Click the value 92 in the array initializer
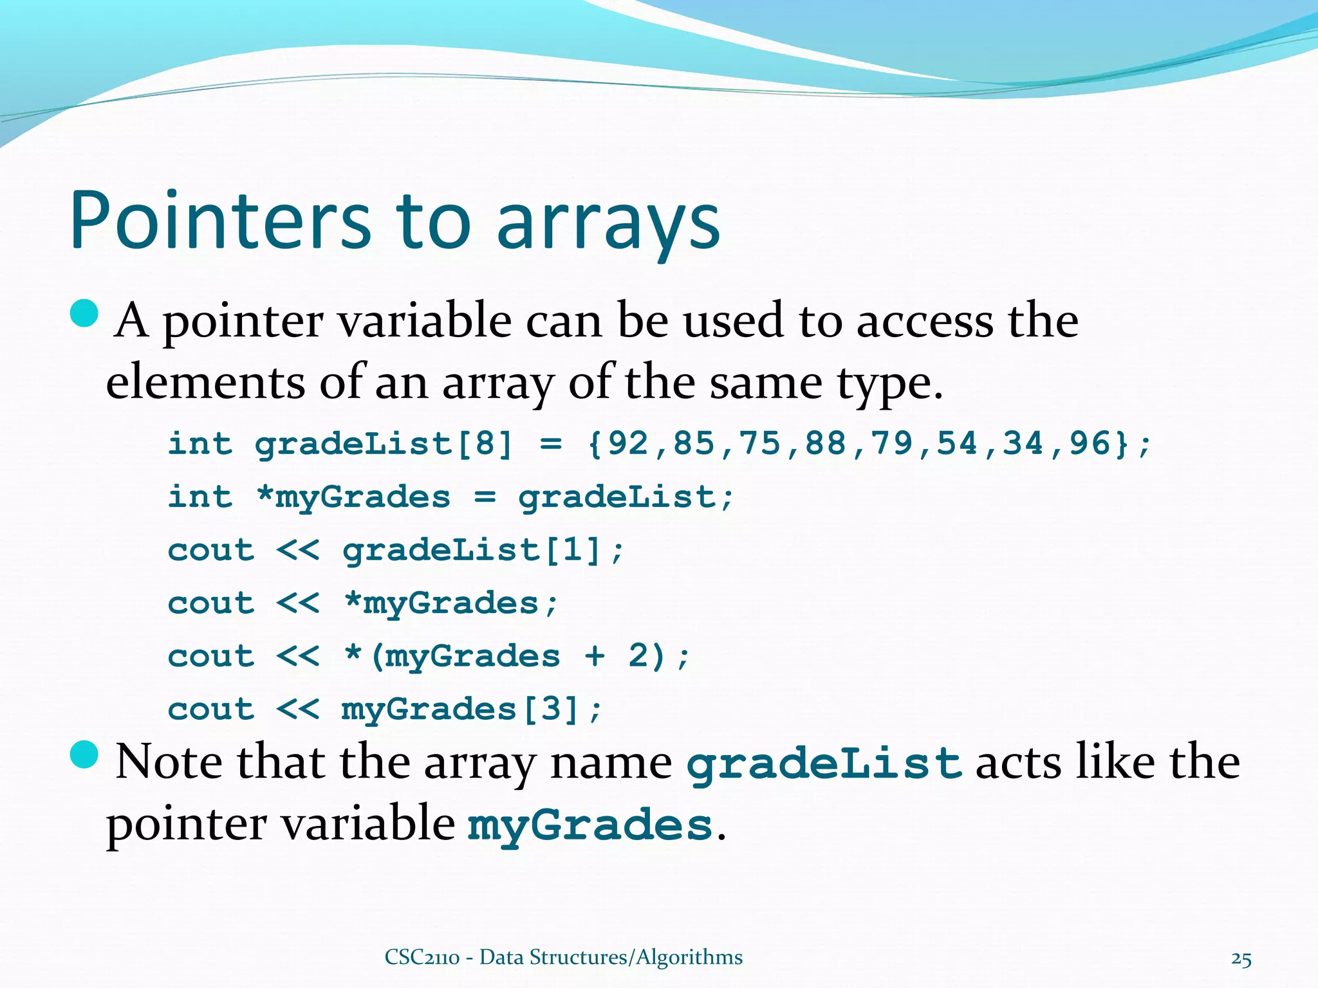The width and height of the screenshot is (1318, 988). pos(628,443)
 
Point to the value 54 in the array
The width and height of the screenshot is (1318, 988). pos(957,443)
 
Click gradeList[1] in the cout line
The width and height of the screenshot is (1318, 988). pos(472,550)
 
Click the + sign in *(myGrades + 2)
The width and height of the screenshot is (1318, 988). pos(595,656)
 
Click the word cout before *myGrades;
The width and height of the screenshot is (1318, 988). pos(211,603)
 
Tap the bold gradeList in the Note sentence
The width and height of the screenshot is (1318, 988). pos(824,764)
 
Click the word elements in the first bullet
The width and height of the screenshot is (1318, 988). pos(205,383)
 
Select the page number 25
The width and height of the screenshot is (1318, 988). pos(1241,959)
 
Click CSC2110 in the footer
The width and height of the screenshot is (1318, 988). pos(422,957)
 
